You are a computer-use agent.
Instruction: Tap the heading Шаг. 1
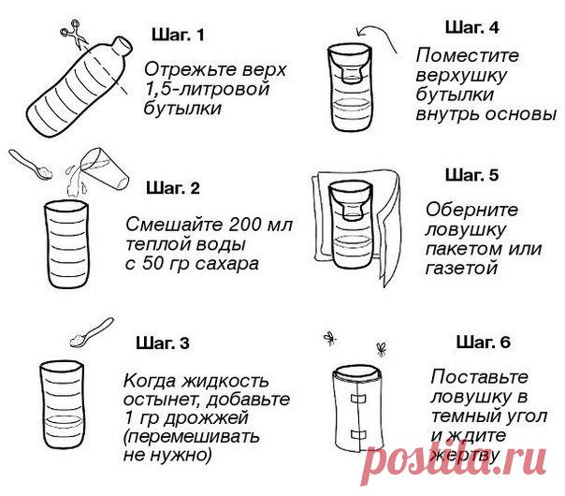178,35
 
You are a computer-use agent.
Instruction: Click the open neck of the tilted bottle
123,46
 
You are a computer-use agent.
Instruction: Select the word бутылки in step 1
182,109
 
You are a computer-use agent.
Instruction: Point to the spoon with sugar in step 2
31,165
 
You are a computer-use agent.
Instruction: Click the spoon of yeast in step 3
92,332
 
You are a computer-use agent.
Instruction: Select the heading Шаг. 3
163,343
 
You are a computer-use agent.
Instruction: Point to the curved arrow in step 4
377,34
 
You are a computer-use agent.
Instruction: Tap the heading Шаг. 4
472,27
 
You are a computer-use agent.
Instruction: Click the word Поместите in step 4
468,55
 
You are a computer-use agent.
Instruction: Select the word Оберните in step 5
471,210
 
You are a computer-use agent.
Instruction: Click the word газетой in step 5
461,269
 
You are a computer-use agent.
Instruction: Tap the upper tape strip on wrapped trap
358,399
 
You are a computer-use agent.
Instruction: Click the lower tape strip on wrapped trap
358,434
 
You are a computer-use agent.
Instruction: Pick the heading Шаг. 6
484,342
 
